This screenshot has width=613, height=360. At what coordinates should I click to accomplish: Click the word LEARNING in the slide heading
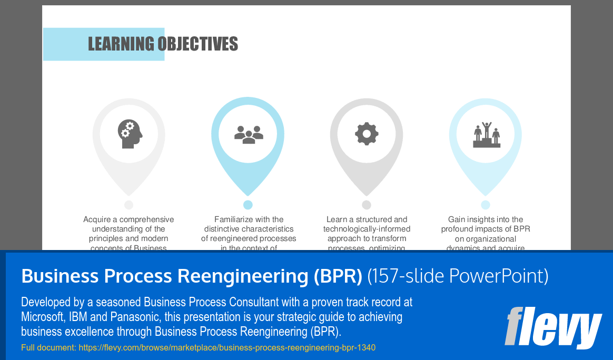click(x=121, y=44)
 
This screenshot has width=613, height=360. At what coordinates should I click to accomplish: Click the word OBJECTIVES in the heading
click(x=198, y=44)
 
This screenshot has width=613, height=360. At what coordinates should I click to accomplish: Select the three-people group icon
click(x=248, y=134)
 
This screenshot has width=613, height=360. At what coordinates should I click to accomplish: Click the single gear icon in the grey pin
click(x=367, y=134)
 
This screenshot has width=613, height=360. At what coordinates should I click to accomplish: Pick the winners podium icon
click(x=486, y=135)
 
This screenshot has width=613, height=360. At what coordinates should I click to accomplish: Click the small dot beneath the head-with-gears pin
click(x=129, y=205)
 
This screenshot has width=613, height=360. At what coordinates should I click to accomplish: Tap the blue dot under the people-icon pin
click(x=248, y=205)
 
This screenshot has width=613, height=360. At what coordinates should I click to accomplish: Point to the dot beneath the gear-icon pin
click(x=367, y=205)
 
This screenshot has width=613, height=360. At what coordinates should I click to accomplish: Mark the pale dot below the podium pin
click(x=486, y=205)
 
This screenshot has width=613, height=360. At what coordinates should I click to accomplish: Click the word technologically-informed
click(x=367, y=229)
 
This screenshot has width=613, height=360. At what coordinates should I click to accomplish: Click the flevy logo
click(x=553, y=328)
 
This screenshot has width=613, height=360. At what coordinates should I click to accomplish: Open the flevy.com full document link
click(x=227, y=348)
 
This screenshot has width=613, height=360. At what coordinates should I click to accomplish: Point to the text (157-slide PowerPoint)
click(x=458, y=276)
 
